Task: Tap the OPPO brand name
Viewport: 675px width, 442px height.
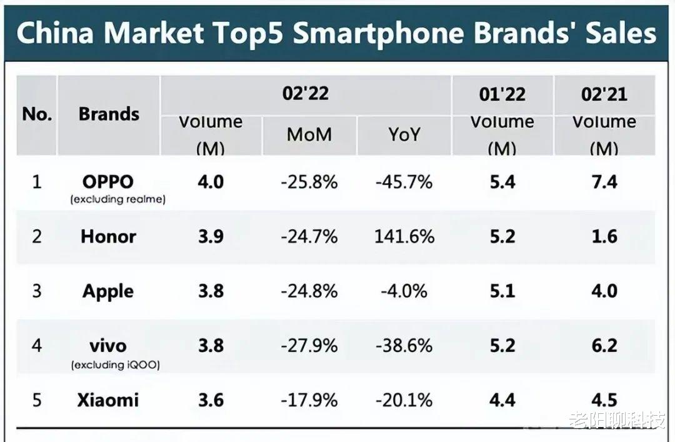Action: tap(108, 182)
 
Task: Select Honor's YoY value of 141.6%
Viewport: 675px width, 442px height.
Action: tap(404, 236)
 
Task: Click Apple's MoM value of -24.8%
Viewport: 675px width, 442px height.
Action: tap(309, 291)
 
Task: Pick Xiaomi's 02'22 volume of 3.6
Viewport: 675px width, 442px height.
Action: tap(211, 400)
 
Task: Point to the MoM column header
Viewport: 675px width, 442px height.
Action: tap(309, 134)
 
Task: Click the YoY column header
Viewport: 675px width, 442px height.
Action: tap(404, 134)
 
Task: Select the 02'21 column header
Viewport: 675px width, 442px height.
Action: tap(604, 94)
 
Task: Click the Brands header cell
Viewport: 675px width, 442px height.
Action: tap(109, 114)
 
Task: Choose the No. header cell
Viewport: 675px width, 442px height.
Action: tap(37, 114)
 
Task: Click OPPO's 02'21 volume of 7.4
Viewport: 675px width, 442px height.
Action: tap(604, 182)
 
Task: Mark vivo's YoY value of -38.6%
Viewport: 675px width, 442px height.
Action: tap(404, 346)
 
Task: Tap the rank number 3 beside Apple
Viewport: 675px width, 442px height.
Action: tap(37, 291)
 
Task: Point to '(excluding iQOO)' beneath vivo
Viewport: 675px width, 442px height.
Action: tap(115, 364)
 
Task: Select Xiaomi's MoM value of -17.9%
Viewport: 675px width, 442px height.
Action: tap(309, 400)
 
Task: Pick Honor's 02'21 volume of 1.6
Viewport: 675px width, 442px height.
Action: tap(604, 236)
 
